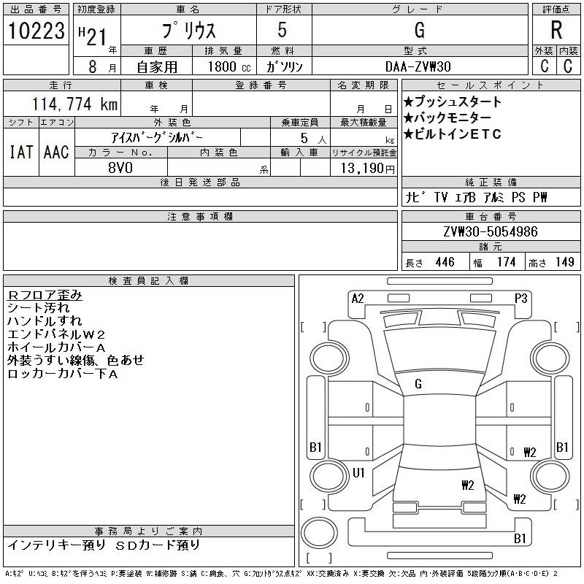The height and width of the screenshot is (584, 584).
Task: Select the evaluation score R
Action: (556, 30)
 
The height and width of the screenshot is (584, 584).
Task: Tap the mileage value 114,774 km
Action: (74, 104)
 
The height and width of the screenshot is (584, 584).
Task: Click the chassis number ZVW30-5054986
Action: (491, 232)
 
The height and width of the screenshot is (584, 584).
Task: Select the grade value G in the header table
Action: (419, 30)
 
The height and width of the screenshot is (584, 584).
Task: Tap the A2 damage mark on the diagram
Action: (358, 298)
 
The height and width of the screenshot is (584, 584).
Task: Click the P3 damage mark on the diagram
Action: (520, 298)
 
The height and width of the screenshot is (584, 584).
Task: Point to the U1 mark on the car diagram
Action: (358, 472)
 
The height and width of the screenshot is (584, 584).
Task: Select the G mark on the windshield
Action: (418, 383)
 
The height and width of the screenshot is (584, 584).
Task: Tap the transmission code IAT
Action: (21, 152)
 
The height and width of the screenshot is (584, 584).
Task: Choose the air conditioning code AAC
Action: (55, 152)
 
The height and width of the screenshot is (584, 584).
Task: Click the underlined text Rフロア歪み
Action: (45, 295)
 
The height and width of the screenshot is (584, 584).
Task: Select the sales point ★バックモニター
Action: (447, 118)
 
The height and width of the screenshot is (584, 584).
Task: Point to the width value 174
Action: (506, 262)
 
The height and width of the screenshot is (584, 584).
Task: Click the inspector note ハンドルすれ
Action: (45, 321)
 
